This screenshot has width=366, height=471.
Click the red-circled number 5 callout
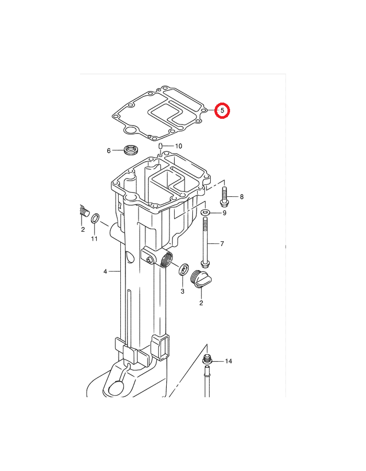[x=222, y=110]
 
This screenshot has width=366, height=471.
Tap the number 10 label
[x=178, y=146]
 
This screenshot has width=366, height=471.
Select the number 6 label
[x=109, y=151]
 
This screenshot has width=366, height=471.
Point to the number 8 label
[x=242, y=197]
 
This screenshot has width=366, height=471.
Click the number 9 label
[x=224, y=213]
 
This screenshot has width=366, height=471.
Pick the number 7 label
[x=222, y=243]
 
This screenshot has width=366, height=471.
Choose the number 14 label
[x=228, y=361]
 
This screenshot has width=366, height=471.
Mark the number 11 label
[x=94, y=239]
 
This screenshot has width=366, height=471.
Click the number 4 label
[x=105, y=272]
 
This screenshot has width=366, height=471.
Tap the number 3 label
[x=182, y=291]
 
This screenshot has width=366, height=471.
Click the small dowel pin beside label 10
[x=161, y=147]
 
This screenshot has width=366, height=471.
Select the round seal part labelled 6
[x=131, y=150]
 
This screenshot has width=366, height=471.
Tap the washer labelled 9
[x=205, y=212]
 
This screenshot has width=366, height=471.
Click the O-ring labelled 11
[x=95, y=218]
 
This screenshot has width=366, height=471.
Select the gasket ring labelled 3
[x=184, y=270]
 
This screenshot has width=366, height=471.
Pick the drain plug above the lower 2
[x=201, y=279]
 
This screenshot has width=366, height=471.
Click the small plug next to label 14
[x=207, y=358]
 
